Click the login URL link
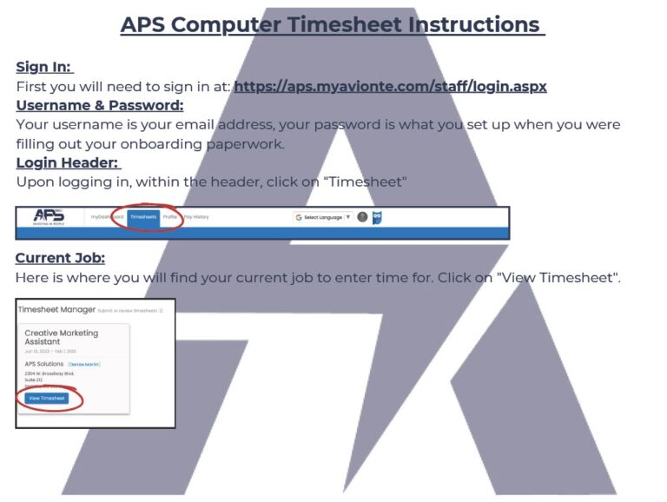pyautogui.click(x=390, y=86)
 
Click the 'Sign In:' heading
pyautogui.click(x=44, y=67)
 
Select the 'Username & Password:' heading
pyautogui.click(x=100, y=105)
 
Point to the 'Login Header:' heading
pyautogui.click(x=69, y=162)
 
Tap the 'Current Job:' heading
pyautogui.click(x=60, y=258)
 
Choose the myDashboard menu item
pyautogui.click(x=107, y=217)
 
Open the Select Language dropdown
pyautogui.click(x=322, y=217)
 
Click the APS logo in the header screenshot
pyautogui.click(x=49, y=217)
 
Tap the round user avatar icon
pyautogui.click(x=362, y=217)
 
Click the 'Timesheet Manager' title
pyautogui.click(x=56, y=309)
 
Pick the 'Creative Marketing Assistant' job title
pyautogui.click(x=61, y=337)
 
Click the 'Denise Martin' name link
pyautogui.click(x=84, y=364)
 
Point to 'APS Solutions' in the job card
pyautogui.click(x=43, y=364)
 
